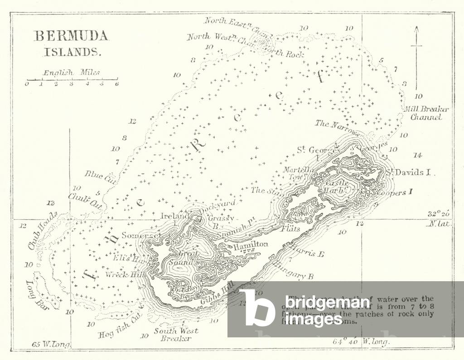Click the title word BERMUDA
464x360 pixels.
coord(71,36)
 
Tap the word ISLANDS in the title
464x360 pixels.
coord(72,51)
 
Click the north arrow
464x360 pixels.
coord(416,54)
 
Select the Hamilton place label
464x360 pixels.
coord(251,245)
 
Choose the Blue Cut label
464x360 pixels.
coord(100,177)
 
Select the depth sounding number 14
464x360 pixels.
coord(417,155)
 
